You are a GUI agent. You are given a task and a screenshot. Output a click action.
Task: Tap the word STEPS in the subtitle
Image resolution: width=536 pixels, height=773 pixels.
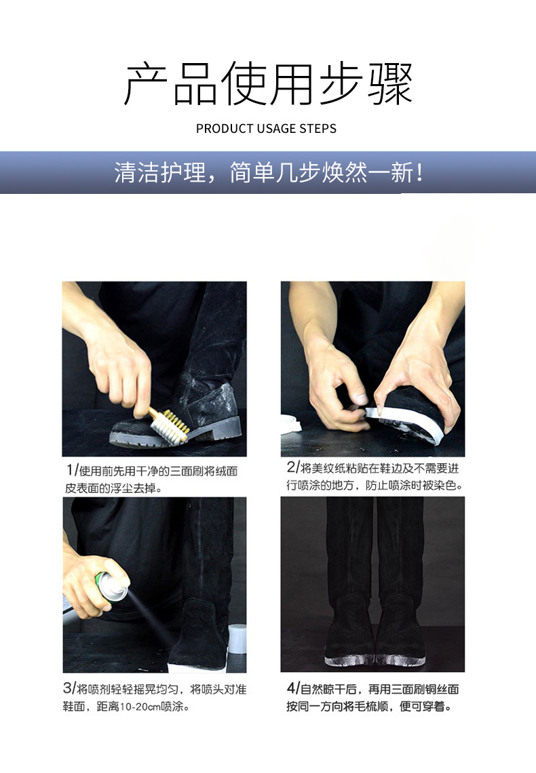coord(318,129)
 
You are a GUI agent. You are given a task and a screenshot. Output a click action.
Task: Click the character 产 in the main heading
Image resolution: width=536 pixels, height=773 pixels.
coord(145,84)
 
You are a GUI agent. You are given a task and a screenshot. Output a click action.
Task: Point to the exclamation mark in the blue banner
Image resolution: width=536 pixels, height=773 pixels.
coord(419,173)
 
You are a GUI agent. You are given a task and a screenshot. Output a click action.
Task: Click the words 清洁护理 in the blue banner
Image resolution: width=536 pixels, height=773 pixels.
coord(159,173)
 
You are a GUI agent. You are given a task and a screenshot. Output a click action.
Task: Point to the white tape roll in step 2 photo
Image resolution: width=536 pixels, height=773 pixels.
coord(290,424)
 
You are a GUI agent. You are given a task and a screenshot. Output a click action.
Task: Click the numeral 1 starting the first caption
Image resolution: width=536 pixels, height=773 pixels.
coord(69,471)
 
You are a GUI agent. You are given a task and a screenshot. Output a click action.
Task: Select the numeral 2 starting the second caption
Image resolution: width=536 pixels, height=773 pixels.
coord(291,467)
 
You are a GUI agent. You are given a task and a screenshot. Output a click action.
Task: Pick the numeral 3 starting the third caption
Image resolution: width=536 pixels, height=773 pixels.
coord(68,688)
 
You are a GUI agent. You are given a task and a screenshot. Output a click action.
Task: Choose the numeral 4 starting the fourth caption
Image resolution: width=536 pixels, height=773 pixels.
coord(291,688)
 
